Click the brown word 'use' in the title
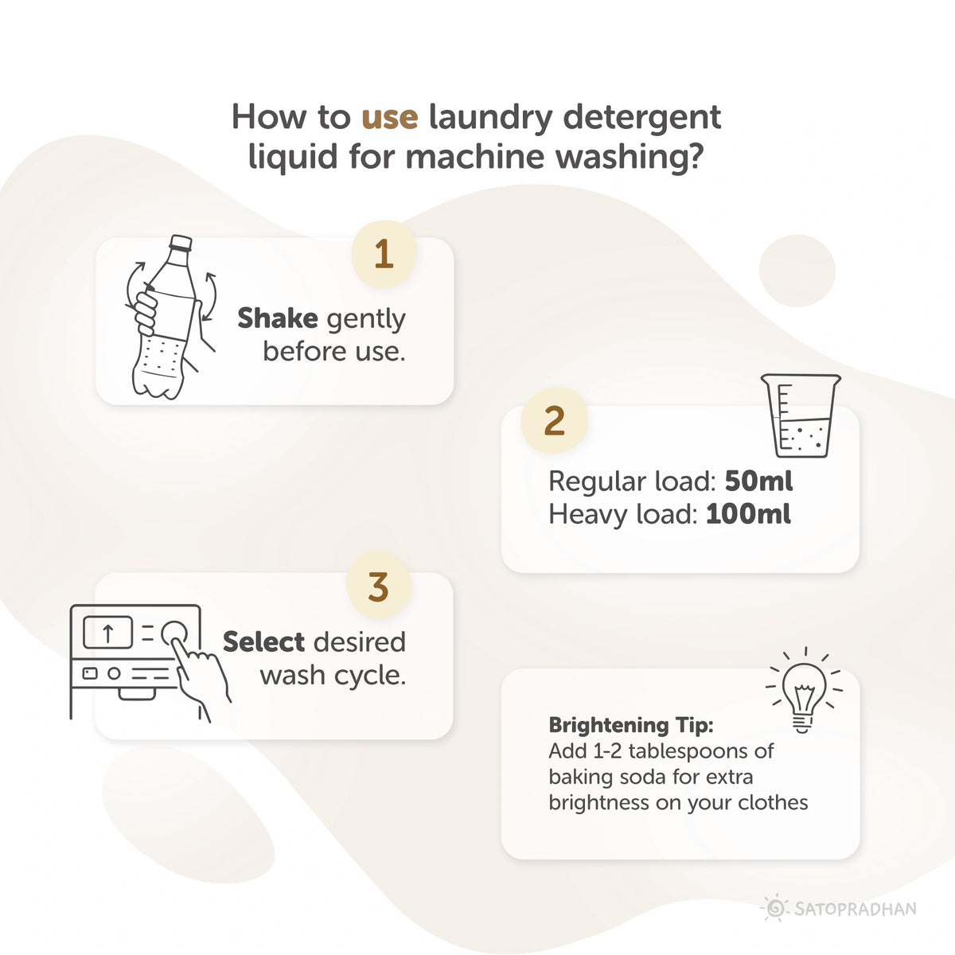click(389, 117)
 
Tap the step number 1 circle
click(384, 255)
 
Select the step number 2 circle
click(554, 420)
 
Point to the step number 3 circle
click(379, 587)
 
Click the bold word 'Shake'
click(278, 318)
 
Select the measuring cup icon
click(800, 415)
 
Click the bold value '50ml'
click(758, 481)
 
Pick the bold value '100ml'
click(748, 514)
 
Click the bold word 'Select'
click(263, 641)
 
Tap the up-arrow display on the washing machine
click(107, 633)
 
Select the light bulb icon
click(803, 691)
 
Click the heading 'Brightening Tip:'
click(631, 725)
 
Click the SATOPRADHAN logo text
click(855, 908)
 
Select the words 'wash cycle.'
click(333, 675)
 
